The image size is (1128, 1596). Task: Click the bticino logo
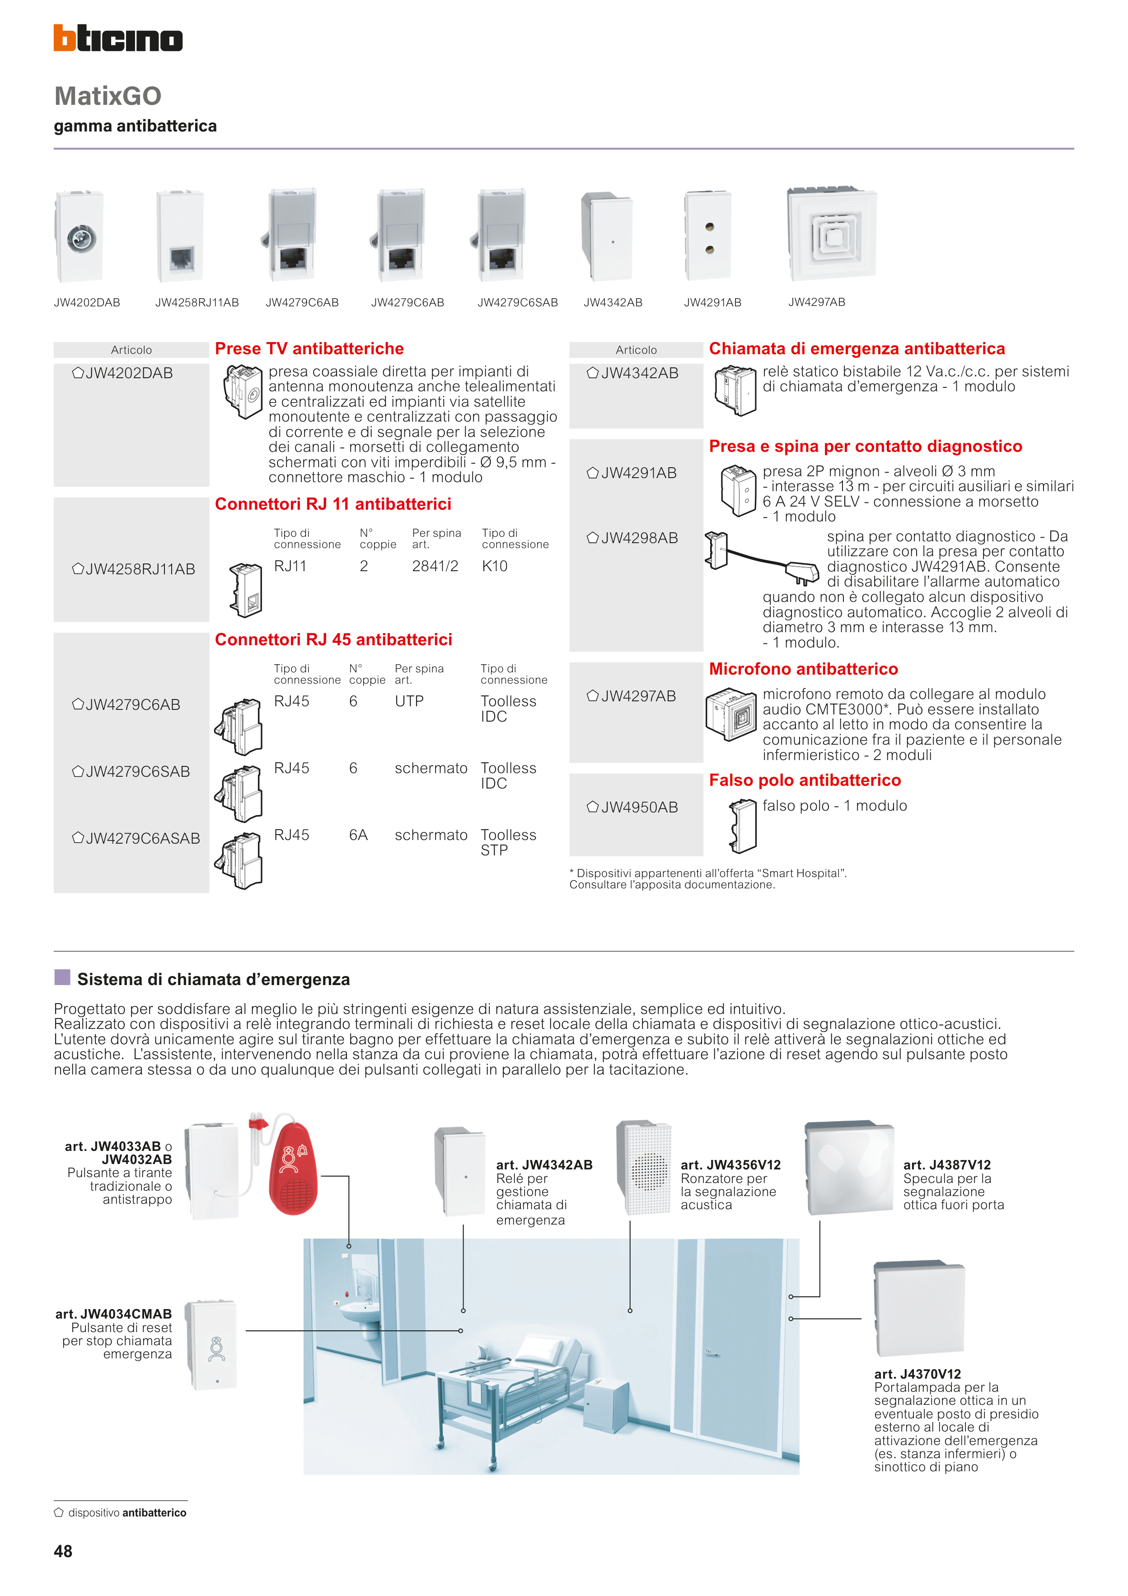118,38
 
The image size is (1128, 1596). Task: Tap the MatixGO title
108,96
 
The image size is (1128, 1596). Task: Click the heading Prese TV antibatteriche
309,348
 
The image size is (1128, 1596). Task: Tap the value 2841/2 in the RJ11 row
435,566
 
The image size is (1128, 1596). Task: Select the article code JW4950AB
639,807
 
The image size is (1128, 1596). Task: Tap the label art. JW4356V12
730,1164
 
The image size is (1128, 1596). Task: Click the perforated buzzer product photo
644,1167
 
